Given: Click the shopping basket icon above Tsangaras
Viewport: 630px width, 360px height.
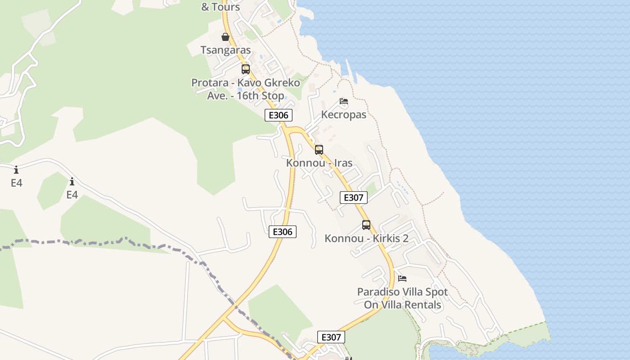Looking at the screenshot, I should [225, 37].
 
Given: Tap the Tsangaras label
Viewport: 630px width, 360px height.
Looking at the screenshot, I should [225, 50].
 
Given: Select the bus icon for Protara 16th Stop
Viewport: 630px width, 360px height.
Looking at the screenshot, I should [245, 69].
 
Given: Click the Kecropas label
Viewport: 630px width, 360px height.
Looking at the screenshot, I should [343, 114].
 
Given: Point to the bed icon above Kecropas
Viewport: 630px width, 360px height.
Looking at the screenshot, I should [344, 102].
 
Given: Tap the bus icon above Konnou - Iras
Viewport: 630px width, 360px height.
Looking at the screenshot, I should [319, 150].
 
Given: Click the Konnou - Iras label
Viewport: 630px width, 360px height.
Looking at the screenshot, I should [319, 162].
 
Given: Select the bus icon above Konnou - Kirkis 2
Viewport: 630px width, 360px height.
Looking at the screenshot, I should [366, 225].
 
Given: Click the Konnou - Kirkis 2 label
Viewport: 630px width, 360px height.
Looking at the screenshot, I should [366, 238].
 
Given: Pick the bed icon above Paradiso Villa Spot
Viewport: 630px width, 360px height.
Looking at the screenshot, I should [402, 279].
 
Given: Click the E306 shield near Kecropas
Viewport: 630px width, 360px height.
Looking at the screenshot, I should [278, 115].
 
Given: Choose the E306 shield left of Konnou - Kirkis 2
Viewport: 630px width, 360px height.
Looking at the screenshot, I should [283, 232].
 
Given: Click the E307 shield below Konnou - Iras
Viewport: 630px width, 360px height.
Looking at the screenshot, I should [353, 198].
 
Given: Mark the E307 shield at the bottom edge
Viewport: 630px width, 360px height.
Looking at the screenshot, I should [331, 337].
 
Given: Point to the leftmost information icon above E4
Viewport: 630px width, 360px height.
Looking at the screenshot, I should [16, 170].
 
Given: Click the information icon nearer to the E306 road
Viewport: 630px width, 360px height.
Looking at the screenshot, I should [72, 182].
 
